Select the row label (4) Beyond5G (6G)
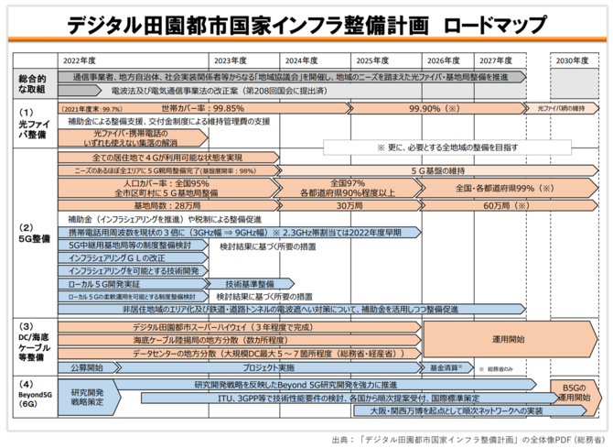click(x=27, y=393)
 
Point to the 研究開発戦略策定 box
click(x=86, y=397)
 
